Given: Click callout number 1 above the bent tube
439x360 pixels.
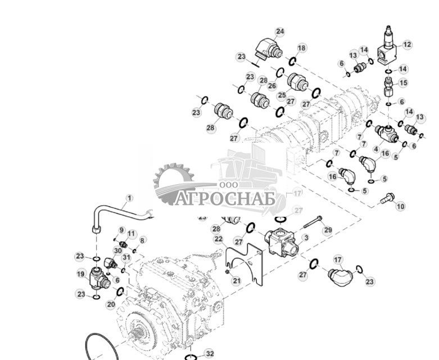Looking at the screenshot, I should point(129,198).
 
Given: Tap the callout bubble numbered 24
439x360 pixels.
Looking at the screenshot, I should point(279,32).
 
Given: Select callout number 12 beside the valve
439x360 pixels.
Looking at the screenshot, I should point(408,45).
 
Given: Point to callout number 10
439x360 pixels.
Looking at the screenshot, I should point(400,207).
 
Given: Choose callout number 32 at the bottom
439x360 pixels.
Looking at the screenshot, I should point(209,353).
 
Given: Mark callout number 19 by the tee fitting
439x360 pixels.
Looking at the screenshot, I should point(80,274).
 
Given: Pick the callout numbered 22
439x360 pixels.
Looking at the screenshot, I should point(218,239).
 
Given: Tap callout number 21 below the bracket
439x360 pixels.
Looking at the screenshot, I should point(237,280).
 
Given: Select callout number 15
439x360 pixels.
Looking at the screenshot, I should point(403,83).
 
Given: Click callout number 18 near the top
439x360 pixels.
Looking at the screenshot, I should point(302,48).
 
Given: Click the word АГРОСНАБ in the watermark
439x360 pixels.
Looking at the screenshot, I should point(225,199).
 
